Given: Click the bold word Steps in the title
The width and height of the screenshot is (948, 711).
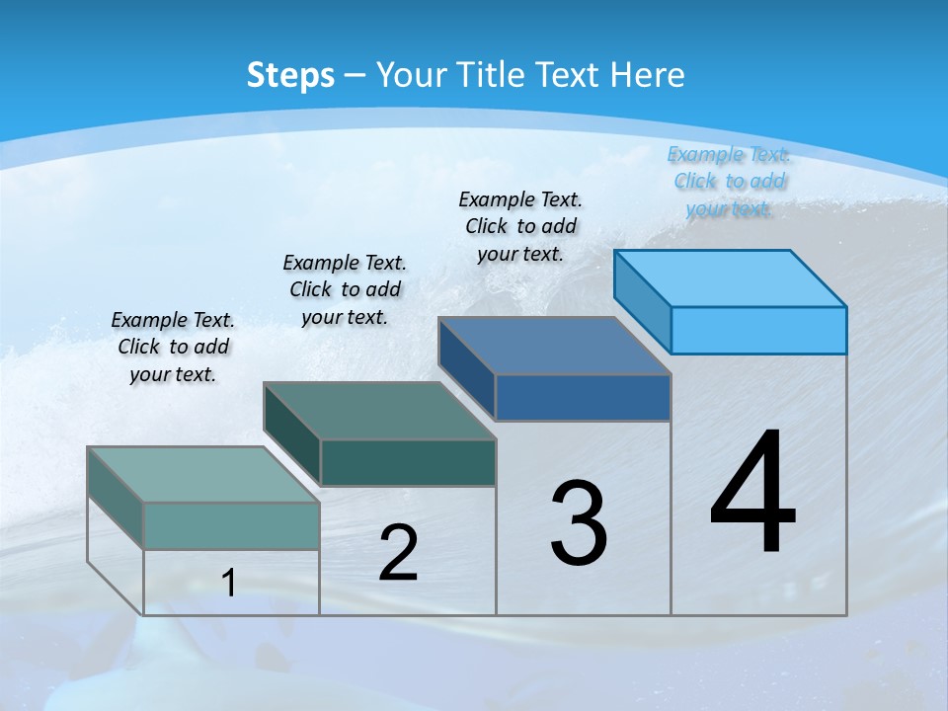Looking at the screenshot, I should [290, 75].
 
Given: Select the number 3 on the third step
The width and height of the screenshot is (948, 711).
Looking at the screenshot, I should [579, 523].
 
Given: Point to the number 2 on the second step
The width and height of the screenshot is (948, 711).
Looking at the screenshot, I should [399, 553].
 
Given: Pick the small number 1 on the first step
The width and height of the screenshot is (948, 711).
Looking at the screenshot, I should [229, 583].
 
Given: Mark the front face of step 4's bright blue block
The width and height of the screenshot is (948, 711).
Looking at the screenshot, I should [758, 330].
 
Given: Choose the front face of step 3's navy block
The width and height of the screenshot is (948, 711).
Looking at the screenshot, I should [583, 397].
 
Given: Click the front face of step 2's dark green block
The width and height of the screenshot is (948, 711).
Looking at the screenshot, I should [408, 462].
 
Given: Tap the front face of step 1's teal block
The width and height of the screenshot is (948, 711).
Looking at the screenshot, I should [231, 525].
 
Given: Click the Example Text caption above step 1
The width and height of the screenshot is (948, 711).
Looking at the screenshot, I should [173, 347].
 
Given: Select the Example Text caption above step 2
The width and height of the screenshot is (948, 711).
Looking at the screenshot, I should [345, 289].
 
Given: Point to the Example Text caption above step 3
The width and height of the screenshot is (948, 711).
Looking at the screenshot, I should [520, 226].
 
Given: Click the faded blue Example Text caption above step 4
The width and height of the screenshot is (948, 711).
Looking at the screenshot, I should [729, 181].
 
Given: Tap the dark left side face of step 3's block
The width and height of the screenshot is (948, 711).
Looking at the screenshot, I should [466, 368].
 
